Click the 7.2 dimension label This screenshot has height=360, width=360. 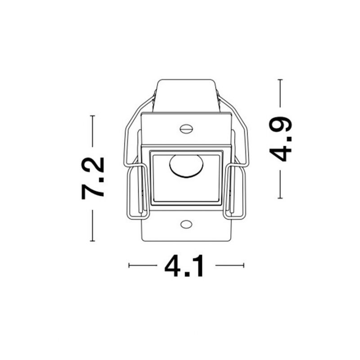(x=93, y=178)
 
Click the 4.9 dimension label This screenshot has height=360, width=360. (x=280, y=139)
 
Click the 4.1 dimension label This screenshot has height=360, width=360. (x=184, y=265)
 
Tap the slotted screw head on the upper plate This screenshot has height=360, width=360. (x=186, y=129)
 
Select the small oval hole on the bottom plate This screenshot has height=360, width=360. (x=186, y=224)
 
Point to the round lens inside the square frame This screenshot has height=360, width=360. (x=186, y=166)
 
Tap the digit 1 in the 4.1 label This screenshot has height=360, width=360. (x=198, y=265)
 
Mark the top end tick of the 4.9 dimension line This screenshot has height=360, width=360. (x=280, y=80)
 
